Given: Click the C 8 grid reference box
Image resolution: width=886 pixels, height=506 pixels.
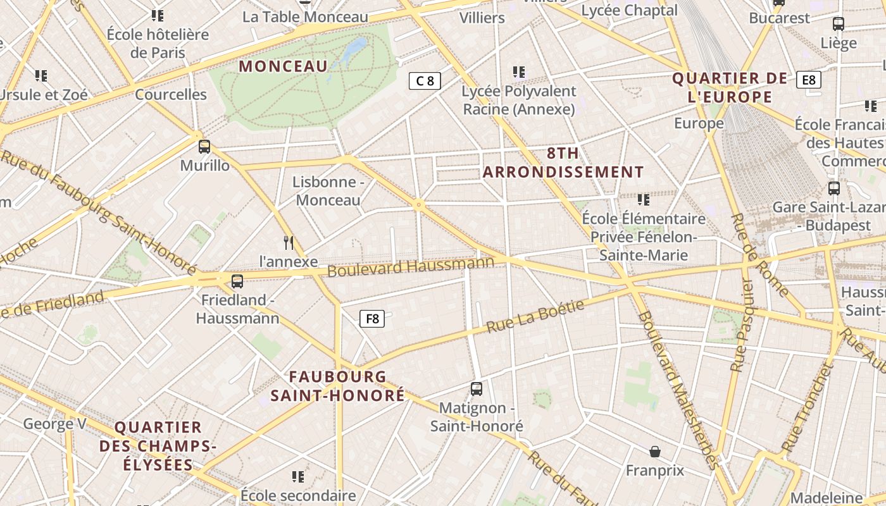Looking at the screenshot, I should pos(425,80).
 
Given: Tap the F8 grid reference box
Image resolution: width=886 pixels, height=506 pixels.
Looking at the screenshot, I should pos(372,319).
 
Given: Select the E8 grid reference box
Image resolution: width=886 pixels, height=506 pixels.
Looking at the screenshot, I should pos(809,80).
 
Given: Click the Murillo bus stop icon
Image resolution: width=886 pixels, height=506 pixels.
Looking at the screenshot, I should pos(204,147).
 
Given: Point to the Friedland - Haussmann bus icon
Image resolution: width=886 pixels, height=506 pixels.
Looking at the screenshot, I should pos(237,281).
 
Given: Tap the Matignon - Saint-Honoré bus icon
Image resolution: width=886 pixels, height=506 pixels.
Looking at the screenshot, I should pos(477,389).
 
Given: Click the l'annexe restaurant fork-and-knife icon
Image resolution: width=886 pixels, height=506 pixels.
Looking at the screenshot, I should pos(289,243).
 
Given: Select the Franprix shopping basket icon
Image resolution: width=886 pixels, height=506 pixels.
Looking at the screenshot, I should pos(655,452).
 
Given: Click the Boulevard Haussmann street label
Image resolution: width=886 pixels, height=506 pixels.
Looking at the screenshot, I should pos(411,266).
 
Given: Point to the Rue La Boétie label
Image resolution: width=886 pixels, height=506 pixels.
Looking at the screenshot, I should pos(535,316).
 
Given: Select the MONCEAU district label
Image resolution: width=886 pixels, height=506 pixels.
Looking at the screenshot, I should pos(283,66).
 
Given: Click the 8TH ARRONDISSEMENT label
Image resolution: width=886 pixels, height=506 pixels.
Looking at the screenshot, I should pos(563,163).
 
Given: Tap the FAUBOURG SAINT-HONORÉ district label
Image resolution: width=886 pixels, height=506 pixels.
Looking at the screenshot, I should pos(337,386).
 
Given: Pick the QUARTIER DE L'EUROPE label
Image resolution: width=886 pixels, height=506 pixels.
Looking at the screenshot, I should pos(730,88).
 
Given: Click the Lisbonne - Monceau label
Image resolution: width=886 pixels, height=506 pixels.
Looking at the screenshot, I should pos(328,191).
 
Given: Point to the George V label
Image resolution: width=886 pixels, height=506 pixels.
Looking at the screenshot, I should pos(54,424).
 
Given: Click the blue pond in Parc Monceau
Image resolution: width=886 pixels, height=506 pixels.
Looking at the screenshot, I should pos(356,47).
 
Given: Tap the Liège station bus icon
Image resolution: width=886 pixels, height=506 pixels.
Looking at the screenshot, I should pos(839,24).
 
